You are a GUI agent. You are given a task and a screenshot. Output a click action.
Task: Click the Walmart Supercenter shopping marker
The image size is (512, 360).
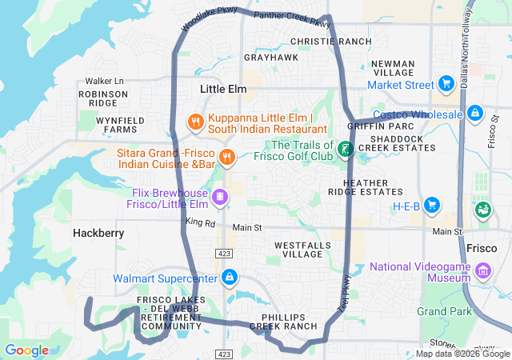[x=230, y=278]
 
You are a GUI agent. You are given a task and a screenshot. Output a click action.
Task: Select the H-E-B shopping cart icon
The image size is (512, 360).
[x=433, y=206]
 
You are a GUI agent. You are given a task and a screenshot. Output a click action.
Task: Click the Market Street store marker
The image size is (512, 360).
[x=446, y=85]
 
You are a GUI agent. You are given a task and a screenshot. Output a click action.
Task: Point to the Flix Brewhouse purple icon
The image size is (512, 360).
[x=219, y=196]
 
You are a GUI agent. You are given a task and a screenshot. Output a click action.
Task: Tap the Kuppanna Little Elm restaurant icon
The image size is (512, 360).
[x=195, y=122]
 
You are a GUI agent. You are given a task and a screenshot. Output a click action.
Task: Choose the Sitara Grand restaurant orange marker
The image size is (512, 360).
[x=227, y=156]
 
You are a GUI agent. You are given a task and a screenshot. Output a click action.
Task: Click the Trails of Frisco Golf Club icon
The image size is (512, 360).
[x=345, y=150]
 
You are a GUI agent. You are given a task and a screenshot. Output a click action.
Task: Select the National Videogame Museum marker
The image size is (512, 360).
[x=483, y=272]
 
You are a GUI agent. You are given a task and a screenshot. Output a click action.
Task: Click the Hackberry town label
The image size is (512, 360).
[x=98, y=233]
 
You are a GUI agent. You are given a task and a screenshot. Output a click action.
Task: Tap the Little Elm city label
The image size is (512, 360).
[x=223, y=89]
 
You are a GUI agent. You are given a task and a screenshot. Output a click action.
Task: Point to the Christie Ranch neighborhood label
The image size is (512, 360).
[x=330, y=42]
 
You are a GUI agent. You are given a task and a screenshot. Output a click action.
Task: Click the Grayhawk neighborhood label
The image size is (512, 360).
[x=271, y=58]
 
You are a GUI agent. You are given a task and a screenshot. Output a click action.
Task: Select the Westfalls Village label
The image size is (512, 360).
[x=298, y=249]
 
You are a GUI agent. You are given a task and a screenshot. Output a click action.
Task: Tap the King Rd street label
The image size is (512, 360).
[x=200, y=222]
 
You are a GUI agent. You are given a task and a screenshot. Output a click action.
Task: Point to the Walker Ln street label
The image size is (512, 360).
[x=105, y=81]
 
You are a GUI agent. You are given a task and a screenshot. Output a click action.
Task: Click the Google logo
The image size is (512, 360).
[x=27, y=350]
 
